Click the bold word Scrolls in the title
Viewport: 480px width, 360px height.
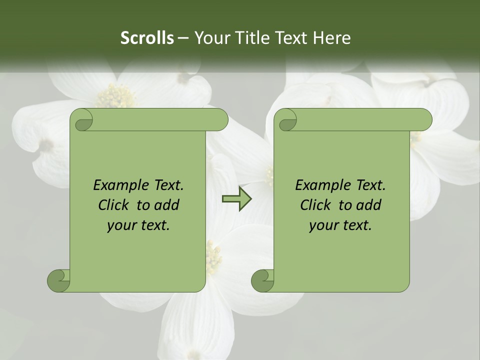coord(147,38)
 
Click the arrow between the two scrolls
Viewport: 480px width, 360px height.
coord(236,199)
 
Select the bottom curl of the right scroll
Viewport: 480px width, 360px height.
coord(262,280)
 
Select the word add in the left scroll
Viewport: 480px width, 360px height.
coord(167,205)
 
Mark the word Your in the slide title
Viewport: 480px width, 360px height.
coord(210,38)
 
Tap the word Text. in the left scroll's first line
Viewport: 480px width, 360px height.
coord(167,185)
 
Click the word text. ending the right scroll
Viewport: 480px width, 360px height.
coord(356,225)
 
